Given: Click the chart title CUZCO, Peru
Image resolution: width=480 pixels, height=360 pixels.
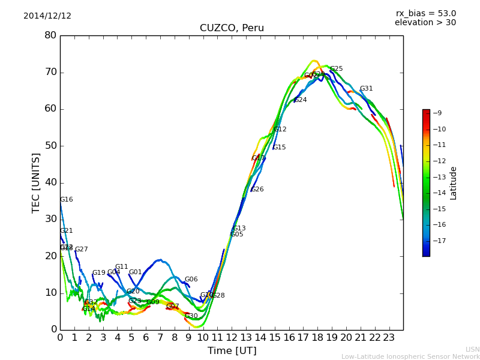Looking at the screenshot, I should pyautogui.click(x=232, y=28).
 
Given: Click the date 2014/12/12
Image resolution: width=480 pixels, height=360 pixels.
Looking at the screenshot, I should pyautogui.click(x=47, y=16).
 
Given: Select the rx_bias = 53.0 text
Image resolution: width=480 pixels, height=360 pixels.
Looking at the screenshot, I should pyautogui.click(x=425, y=14).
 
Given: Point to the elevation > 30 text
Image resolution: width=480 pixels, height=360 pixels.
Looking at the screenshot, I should pyautogui.click(x=425, y=23).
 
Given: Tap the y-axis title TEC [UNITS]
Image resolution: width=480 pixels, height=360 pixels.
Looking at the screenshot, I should pyautogui.click(x=36, y=182).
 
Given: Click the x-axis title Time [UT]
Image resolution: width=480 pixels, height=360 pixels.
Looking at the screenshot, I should pyautogui.click(x=232, y=351).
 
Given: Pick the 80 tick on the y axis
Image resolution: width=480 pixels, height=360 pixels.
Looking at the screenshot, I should pyautogui.click(x=50, y=35).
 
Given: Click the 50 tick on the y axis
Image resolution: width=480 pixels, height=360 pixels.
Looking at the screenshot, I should pyautogui.click(x=50, y=146).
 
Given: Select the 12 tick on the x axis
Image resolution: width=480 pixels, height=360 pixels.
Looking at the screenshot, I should pyautogui.click(x=232, y=337).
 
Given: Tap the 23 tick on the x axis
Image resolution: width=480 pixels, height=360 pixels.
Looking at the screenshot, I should pyautogui.click(x=389, y=337).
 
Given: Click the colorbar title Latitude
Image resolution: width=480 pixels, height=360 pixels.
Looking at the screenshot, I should pyautogui.click(x=454, y=182).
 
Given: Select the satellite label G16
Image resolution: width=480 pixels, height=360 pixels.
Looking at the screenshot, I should pyautogui.click(x=66, y=200).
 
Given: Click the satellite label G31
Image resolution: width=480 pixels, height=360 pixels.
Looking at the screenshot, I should pyautogui.click(x=366, y=89).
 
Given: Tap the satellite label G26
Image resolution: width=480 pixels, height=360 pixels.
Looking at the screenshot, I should pyautogui.click(x=257, y=190).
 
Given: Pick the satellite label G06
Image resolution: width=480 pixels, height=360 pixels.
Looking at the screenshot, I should pyautogui.click(x=191, y=280).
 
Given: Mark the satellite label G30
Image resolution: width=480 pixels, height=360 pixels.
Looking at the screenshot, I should pyautogui.click(x=191, y=316).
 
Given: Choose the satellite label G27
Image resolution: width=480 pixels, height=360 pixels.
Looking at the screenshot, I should pyautogui.click(x=81, y=250).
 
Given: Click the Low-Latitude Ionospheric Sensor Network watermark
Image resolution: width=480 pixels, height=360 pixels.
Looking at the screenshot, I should pyautogui.click(x=410, y=356).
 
